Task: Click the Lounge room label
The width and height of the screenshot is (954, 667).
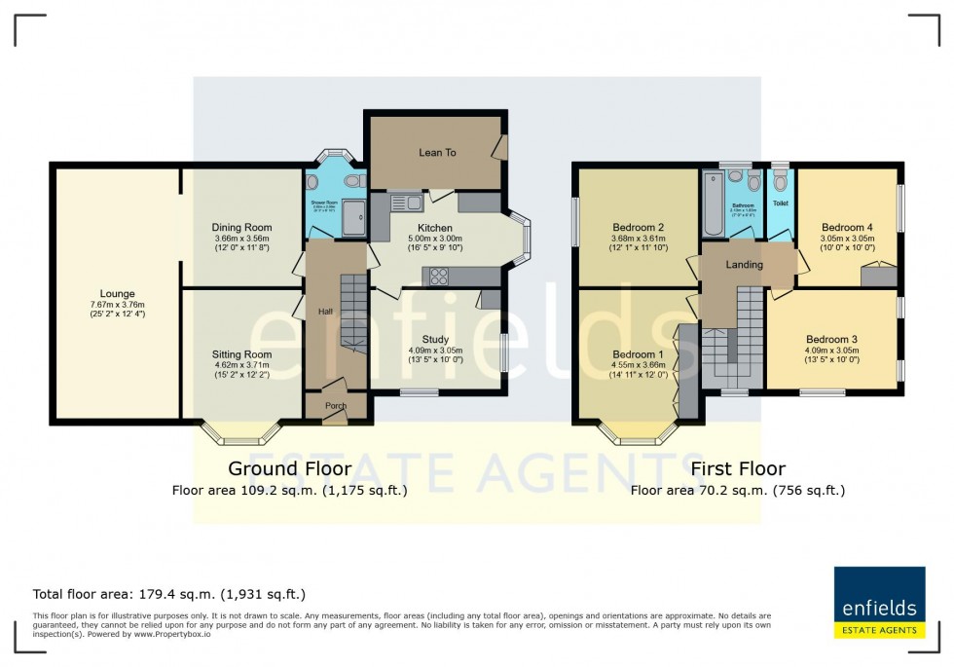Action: click(117, 293)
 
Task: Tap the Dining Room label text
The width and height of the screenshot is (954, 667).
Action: click(240, 227)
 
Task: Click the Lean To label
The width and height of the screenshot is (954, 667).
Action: click(437, 153)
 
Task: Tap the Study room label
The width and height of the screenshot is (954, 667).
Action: click(435, 339)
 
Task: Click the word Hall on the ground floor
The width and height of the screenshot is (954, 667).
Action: click(325, 311)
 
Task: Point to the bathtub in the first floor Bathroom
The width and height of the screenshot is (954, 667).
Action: click(713, 205)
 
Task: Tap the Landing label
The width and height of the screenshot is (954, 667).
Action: click(744, 264)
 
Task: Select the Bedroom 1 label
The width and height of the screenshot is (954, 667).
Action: click(638, 354)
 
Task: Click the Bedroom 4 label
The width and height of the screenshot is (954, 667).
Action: click(847, 220)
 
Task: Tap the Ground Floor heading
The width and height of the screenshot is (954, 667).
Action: click(289, 469)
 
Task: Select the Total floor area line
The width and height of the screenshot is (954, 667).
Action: click(169, 594)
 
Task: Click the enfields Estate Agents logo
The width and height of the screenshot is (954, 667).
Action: click(879, 604)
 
